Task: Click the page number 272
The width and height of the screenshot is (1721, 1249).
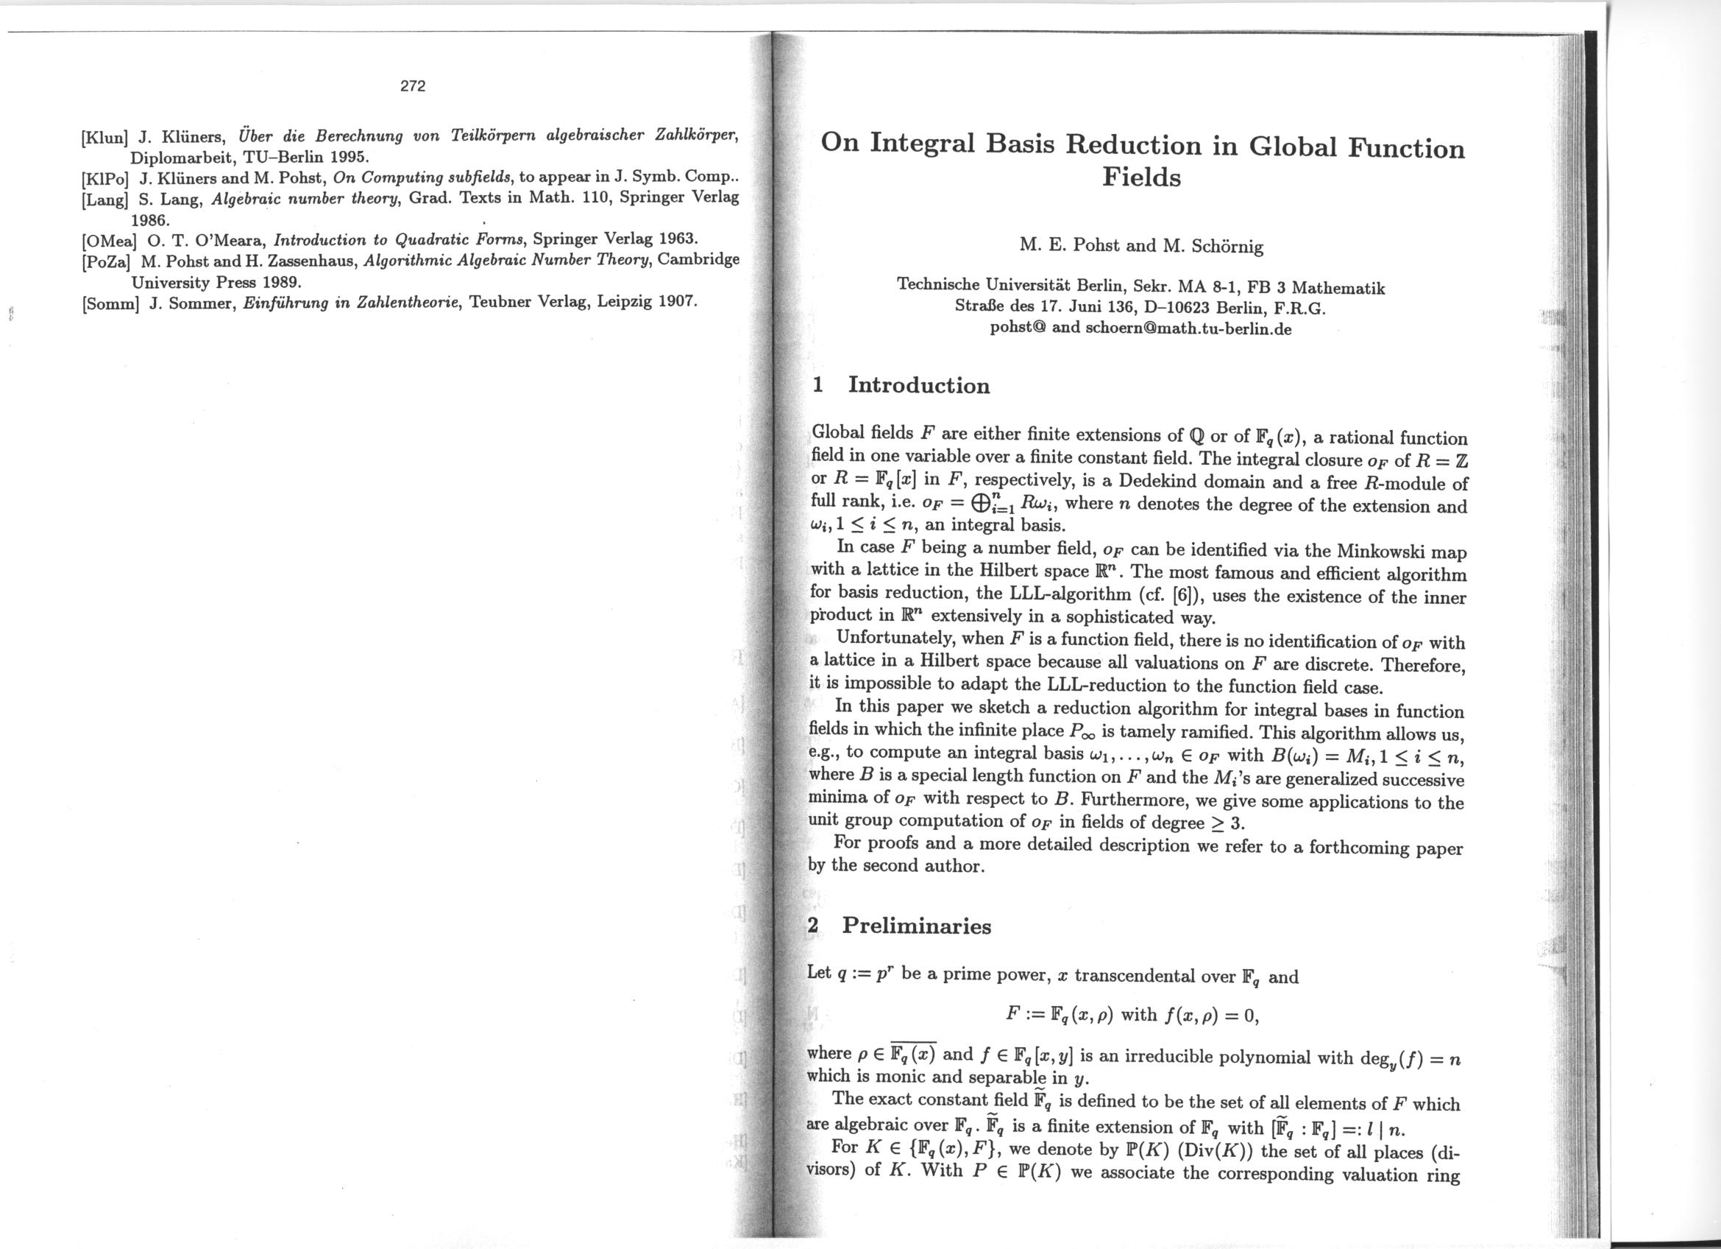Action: tap(413, 86)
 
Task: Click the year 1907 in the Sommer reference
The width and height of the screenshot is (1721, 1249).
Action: tap(676, 300)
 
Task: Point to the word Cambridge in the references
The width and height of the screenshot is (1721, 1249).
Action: tap(698, 260)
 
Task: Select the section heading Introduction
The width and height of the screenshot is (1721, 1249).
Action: tap(918, 385)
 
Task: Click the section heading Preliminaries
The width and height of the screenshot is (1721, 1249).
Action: tap(917, 926)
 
